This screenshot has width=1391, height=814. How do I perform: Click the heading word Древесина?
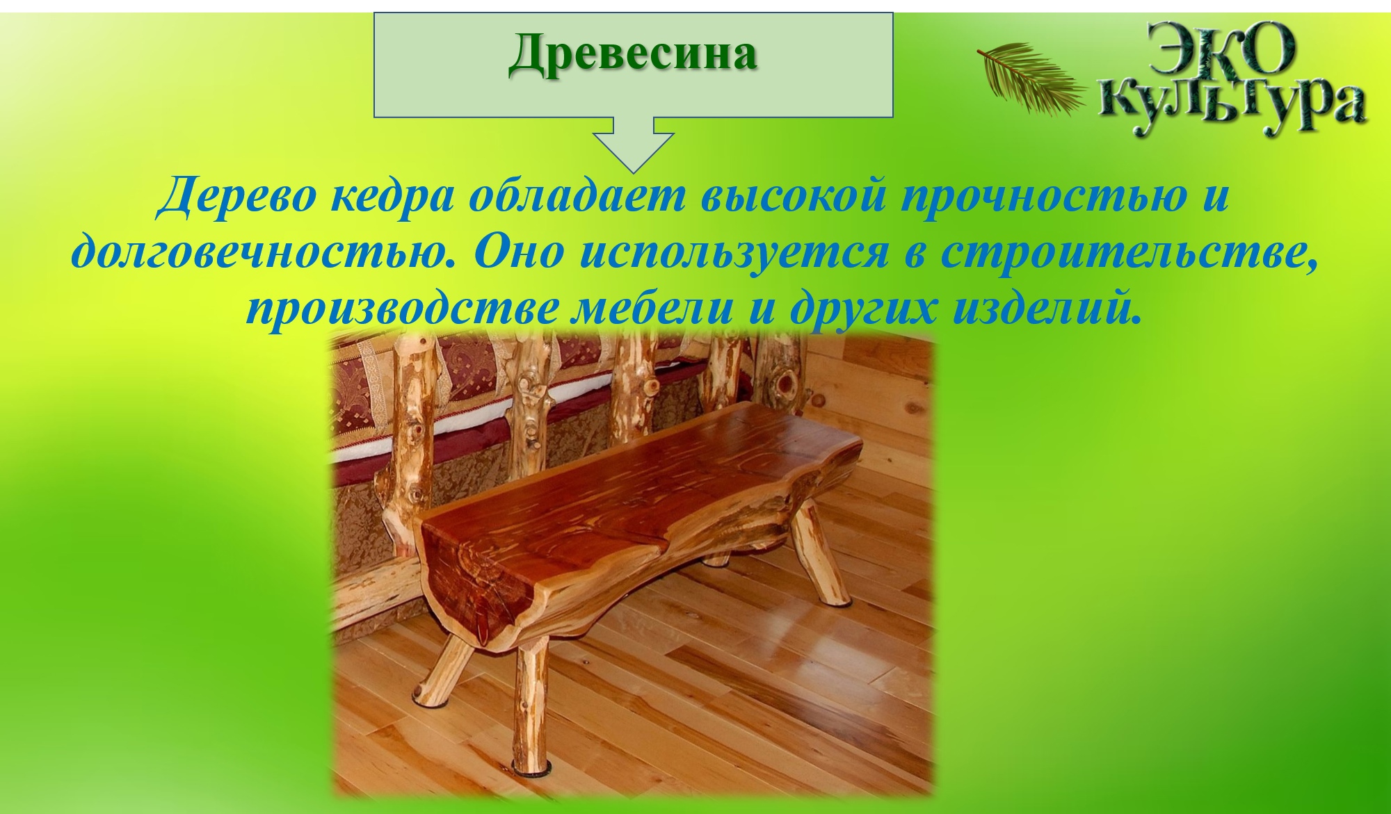[x=633, y=55]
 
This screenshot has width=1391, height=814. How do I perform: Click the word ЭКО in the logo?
[x=1220, y=50]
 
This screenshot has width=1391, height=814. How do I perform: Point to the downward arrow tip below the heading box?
[x=633, y=172]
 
